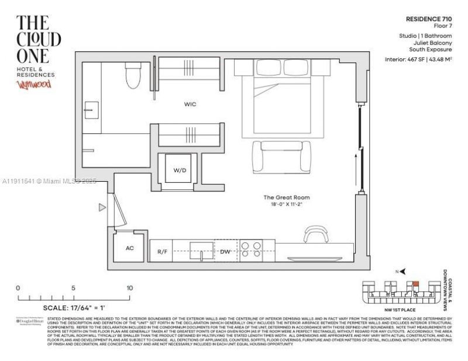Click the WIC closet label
pyautogui.click(x=190, y=105)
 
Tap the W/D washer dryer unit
pyautogui.click(x=179, y=171)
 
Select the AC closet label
pyautogui.click(x=130, y=248)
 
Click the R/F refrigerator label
pyautogui.click(x=163, y=252)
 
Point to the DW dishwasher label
pyautogui.click(x=225, y=252)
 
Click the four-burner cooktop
pyautogui.click(x=252, y=250)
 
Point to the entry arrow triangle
pyautogui.click(x=102, y=207)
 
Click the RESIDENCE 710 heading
pyautogui.click(x=428, y=19)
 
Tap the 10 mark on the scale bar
pyautogui.click(x=129, y=288)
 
